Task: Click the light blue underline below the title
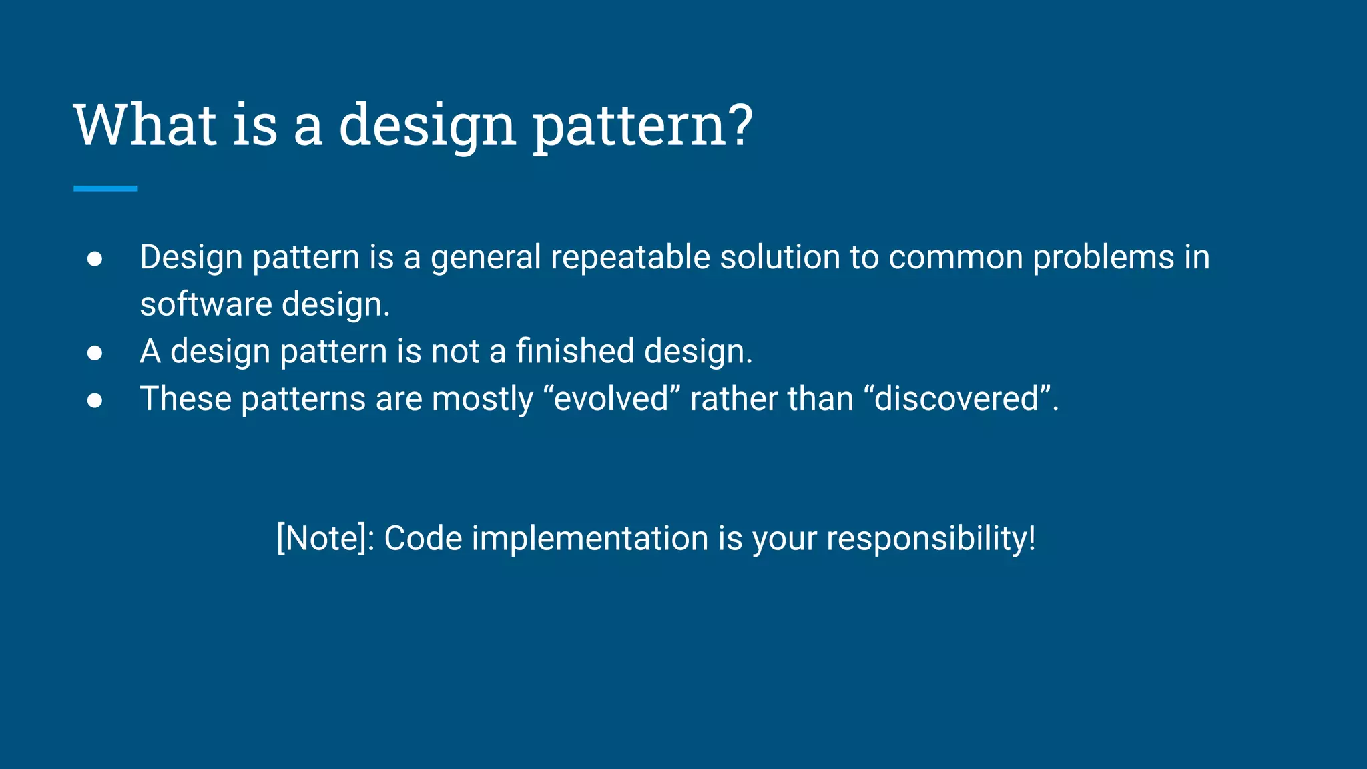[105, 189]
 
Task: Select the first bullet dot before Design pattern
[95, 259]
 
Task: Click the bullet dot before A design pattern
[95, 353]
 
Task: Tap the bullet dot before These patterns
[95, 400]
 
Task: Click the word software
[206, 304]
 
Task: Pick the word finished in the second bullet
[574, 351]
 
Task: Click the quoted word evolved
[611, 399]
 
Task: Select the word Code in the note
[423, 538]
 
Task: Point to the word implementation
[589, 538]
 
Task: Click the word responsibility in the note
[930, 538]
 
